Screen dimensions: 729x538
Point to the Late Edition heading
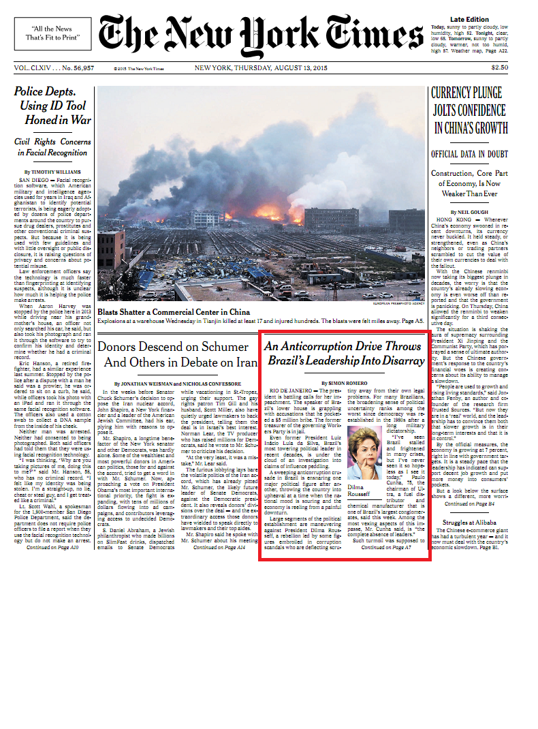[x=469, y=19]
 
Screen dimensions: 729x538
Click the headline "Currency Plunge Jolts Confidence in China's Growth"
[x=469, y=110]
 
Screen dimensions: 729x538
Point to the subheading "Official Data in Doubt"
[x=469, y=155]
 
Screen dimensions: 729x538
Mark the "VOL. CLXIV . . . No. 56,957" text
[x=54, y=68]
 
